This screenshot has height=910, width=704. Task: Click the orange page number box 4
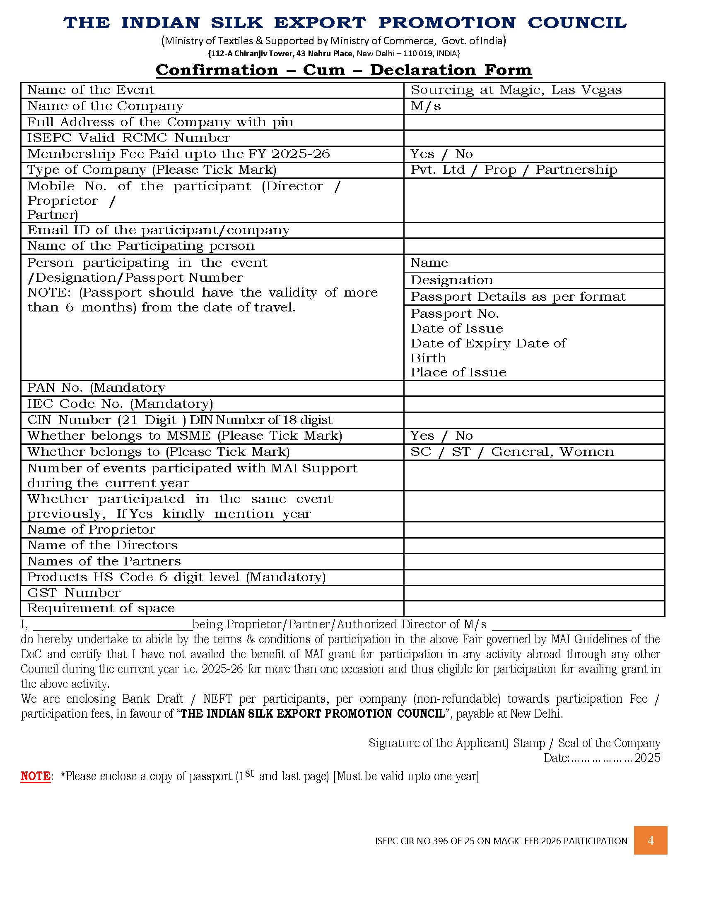pyautogui.click(x=650, y=840)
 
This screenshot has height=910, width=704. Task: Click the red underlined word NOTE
pyautogui.click(x=36, y=776)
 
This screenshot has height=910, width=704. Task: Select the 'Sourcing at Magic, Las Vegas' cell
pyautogui.click(x=516, y=90)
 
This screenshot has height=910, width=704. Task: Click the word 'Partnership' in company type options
pyautogui.click(x=576, y=170)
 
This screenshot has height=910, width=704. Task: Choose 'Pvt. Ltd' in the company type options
pyautogui.click(x=437, y=170)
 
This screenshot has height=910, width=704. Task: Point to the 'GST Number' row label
pyautogui.click(x=74, y=592)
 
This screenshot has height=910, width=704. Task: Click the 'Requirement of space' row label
pyautogui.click(x=101, y=608)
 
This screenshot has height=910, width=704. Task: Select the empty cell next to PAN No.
pyautogui.click(x=534, y=388)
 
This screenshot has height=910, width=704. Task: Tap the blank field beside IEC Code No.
pyautogui.click(x=534, y=404)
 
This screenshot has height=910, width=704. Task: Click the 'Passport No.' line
pyautogui.click(x=455, y=314)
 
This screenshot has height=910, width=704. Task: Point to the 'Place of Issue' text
pyautogui.click(x=458, y=372)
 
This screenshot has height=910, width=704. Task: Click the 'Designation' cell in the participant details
pyautogui.click(x=452, y=280)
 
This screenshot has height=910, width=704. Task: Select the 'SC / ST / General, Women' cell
pyautogui.click(x=512, y=452)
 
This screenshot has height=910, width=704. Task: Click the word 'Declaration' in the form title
pyautogui.click(x=422, y=70)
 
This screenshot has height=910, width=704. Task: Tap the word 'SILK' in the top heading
pyautogui.click(x=236, y=23)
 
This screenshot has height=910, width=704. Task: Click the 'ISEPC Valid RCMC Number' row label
pyautogui.click(x=128, y=138)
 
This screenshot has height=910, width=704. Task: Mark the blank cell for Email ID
pyautogui.click(x=534, y=230)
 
